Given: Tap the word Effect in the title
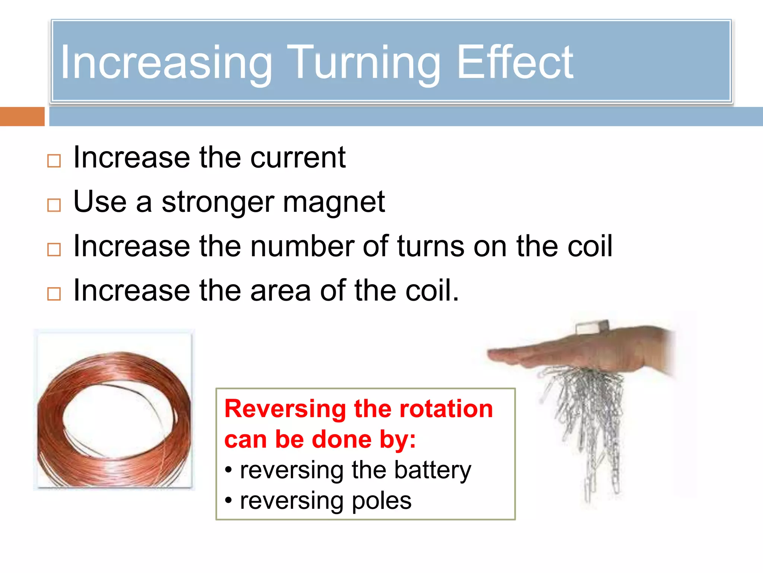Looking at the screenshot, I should point(515,63).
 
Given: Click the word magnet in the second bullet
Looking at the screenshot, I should point(333,203).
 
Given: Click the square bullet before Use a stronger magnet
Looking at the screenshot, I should point(54,205).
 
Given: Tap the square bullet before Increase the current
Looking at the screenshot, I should point(54,161).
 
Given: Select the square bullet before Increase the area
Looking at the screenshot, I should point(54,294).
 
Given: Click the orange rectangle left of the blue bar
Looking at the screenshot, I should point(22,117).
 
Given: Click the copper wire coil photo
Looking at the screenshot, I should point(114,410).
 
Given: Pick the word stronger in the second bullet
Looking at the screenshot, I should point(218,203).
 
